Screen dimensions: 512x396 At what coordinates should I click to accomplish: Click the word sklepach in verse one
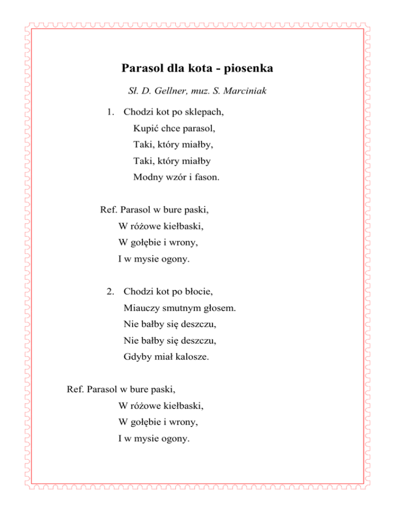point(207,111)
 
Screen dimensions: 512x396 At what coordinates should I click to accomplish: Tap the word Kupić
point(145,127)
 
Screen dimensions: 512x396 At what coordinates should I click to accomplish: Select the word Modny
point(147,177)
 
